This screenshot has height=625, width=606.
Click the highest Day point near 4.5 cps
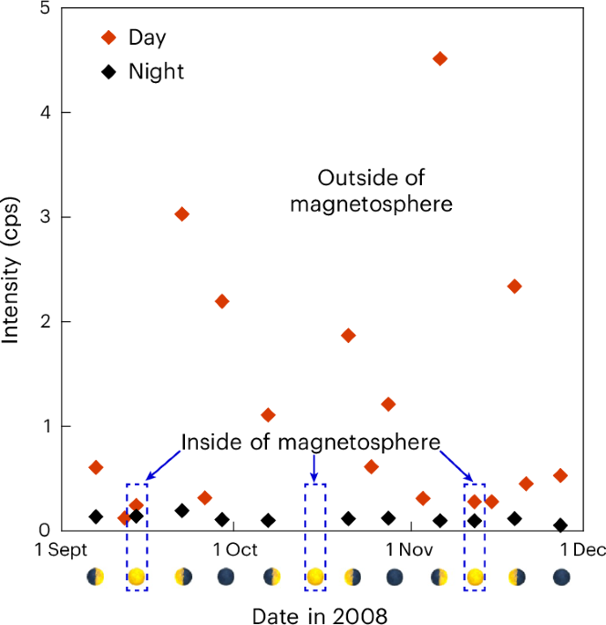(440, 58)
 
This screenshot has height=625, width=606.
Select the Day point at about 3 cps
(181, 214)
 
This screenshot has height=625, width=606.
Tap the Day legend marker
(108, 37)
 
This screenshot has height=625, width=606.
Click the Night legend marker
(108, 71)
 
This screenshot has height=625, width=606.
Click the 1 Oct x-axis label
(235, 550)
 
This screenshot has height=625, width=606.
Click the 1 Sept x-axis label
(62, 550)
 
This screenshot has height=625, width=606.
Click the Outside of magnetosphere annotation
(371, 190)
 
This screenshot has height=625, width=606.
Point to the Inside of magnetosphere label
(311, 443)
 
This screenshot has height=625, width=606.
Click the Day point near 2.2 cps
(221, 301)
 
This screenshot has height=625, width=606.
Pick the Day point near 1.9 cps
(347, 336)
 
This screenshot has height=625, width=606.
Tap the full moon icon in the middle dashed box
(314, 577)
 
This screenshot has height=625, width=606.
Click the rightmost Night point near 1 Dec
(560, 526)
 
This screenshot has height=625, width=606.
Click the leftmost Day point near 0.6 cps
(96, 467)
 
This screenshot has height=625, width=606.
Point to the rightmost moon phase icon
(562, 577)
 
